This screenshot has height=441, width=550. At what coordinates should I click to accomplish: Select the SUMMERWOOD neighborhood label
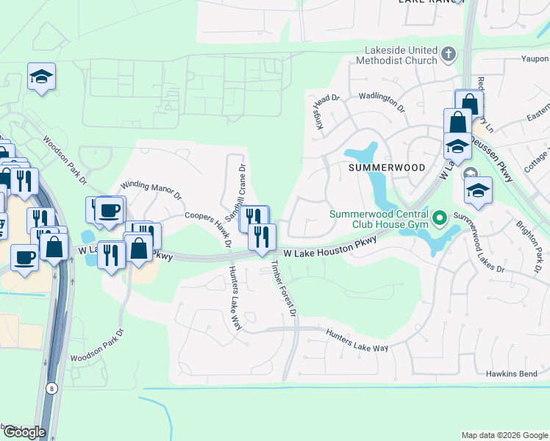click(x=387, y=168)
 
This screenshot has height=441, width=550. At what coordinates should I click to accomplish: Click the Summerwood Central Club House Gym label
click(x=380, y=220)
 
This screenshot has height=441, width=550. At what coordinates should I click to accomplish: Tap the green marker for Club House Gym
click(x=440, y=218)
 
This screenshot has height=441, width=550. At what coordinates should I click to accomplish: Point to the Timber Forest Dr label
click(x=284, y=287)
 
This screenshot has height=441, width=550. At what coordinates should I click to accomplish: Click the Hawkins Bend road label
click(x=512, y=373)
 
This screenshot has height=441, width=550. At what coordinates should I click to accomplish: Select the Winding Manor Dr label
click(x=151, y=190)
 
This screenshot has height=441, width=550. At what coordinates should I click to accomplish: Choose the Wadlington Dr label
click(x=382, y=101)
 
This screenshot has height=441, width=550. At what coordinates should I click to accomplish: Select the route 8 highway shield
click(x=51, y=387)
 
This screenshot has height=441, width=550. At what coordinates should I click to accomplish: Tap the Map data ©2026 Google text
click(x=504, y=435)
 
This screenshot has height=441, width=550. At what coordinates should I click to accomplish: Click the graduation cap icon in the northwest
click(x=42, y=76)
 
